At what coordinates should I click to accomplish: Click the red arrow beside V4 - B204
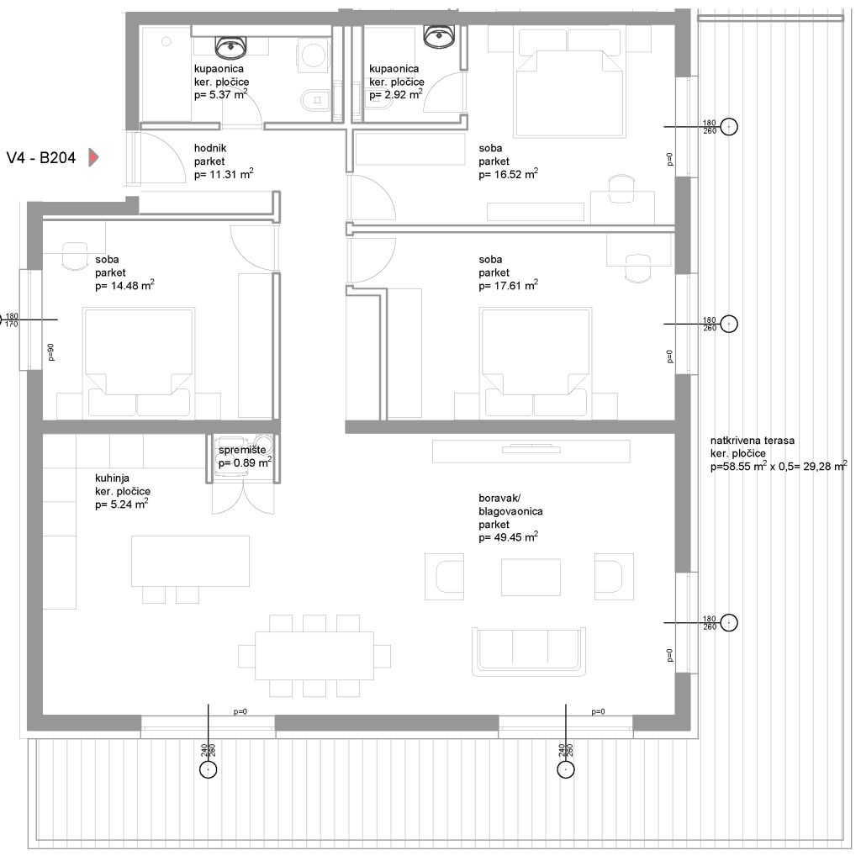click(x=93, y=157)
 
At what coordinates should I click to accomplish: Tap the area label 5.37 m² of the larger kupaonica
click(x=221, y=94)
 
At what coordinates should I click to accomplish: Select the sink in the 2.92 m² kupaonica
click(x=439, y=35)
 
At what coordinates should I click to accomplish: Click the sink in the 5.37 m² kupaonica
click(x=230, y=47)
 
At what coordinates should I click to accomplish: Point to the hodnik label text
click(x=210, y=148)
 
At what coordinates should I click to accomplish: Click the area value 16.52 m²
click(x=508, y=174)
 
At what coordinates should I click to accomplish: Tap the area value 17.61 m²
click(x=508, y=286)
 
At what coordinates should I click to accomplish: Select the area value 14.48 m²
click(x=124, y=286)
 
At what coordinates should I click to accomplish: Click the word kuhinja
click(x=112, y=478)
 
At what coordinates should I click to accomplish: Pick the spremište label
click(x=242, y=451)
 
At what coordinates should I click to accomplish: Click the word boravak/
click(x=499, y=499)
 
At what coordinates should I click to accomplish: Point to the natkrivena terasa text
click(x=753, y=441)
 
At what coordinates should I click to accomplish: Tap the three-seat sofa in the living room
click(x=528, y=652)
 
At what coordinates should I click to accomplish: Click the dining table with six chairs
click(x=314, y=656)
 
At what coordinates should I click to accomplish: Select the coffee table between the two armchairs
click(x=531, y=577)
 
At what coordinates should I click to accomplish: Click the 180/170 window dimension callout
click(x=12, y=320)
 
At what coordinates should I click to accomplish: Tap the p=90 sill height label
click(x=51, y=352)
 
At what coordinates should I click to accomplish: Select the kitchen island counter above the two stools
click(x=190, y=561)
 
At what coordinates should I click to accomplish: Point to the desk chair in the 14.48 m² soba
click(x=75, y=256)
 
